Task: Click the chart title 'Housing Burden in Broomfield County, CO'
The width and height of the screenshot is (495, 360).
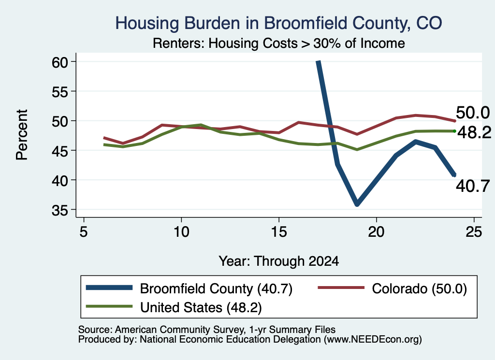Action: (278, 23)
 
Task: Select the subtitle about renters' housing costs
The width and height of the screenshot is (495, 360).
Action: (279, 43)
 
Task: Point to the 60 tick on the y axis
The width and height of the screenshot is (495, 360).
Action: (59, 62)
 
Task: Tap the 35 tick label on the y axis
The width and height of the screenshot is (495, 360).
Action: (59, 211)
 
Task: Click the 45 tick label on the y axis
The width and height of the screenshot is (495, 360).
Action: (59, 151)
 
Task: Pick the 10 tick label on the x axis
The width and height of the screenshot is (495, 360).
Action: (181, 232)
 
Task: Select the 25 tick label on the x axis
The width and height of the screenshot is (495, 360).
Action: (474, 232)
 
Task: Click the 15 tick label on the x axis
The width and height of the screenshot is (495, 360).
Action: (279, 232)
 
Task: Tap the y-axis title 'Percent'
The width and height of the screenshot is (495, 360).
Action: (22, 135)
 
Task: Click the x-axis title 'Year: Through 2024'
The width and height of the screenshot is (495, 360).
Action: (279, 261)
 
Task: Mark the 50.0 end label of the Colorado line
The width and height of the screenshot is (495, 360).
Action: (473, 113)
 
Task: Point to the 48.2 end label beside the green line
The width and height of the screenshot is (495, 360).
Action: (474, 132)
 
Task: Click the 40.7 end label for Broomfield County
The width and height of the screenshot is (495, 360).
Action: (473, 186)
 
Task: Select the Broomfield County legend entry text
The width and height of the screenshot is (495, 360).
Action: (216, 288)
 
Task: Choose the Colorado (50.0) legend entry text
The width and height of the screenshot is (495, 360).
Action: (419, 288)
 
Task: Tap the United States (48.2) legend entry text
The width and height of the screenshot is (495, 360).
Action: (201, 307)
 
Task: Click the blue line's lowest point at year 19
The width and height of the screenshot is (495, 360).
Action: (357, 204)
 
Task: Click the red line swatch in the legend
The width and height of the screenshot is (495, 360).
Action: (341, 288)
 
